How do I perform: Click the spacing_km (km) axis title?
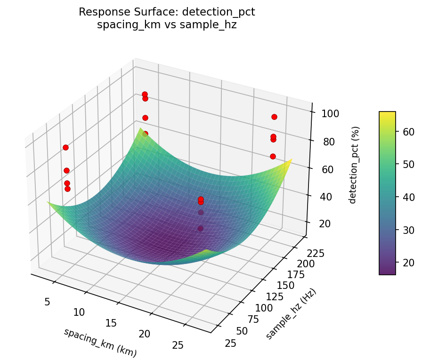pyautogui.click(x=100, y=342)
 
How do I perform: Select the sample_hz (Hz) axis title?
pyautogui.click(x=291, y=313)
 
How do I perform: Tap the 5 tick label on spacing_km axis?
pyautogui.click(x=47, y=302)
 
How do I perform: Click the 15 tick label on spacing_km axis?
pyautogui.click(x=112, y=323)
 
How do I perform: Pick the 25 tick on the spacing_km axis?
pyautogui.click(x=178, y=345)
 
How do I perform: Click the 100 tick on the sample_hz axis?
pyautogui.click(x=264, y=308)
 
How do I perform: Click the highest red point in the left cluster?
pyautogui.click(x=65, y=147)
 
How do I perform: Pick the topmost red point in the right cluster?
pyautogui.click(x=274, y=117)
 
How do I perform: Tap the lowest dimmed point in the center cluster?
pyautogui.click(x=201, y=229)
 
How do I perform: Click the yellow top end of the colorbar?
pyautogui.click(x=387, y=113)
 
